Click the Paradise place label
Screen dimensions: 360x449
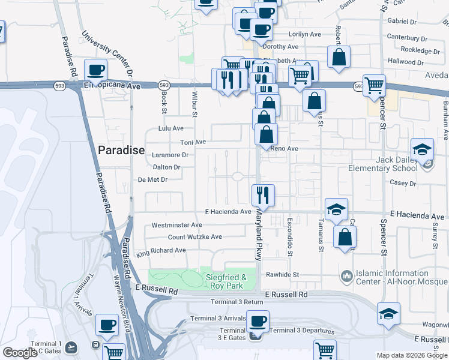(121, 150)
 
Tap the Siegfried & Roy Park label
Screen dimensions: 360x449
(226, 281)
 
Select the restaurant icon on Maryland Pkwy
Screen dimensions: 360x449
(263, 194)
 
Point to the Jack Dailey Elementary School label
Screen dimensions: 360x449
(384, 164)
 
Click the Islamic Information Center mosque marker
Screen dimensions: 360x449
(346, 275)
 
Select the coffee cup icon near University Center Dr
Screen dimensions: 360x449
(96, 70)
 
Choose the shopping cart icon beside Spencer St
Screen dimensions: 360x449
(374, 86)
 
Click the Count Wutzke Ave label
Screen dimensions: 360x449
(194, 237)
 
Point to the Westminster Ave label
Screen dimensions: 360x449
(176, 225)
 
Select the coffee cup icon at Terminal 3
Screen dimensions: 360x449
(258, 321)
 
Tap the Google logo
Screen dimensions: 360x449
(20, 353)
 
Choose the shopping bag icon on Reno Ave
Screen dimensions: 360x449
(266, 134)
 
